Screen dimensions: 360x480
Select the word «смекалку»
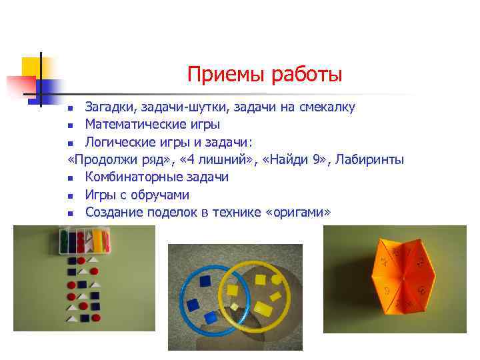pyautogui.click(x=324, y=107)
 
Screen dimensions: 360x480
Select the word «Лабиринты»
pyautogui.click(x=369, y=159)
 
